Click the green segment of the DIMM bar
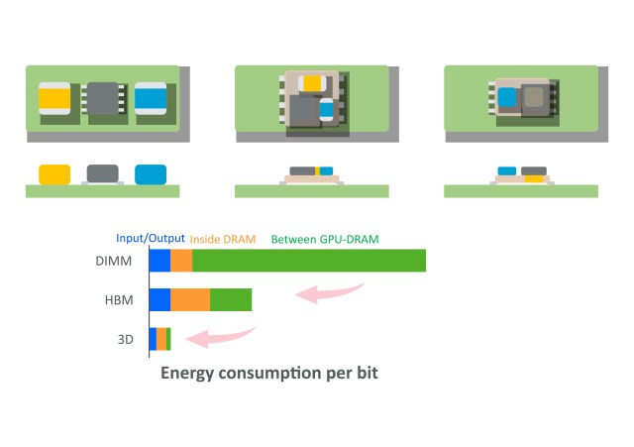pos(309,261)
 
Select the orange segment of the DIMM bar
pos(181,261)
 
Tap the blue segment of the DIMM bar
pos(160,261)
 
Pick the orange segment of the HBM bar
pos(190,299)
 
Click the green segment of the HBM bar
pos(231,299)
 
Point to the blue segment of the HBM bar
pos(160,299)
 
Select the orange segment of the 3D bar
pos(161,339)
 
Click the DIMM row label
pos(114,261)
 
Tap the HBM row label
pos(119,300)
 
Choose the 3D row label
pos(126,339)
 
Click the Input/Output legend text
pos(151,238)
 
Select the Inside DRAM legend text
pos(223,240)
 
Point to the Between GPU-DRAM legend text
pos(325,240)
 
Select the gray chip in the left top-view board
pos(103,98)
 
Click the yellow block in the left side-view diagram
pos(54,174)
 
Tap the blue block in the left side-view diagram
pos(151,174)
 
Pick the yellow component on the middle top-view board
pos(312,83)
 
